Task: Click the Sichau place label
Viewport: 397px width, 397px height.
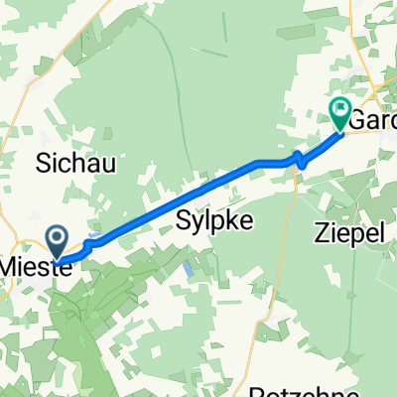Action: point(75,165)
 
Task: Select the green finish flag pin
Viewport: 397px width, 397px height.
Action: point(340,116)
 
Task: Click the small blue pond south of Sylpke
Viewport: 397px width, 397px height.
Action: point(189,268)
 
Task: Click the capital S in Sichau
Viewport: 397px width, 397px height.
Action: point(46,165)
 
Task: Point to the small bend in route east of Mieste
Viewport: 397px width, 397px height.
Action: point(88,244)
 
